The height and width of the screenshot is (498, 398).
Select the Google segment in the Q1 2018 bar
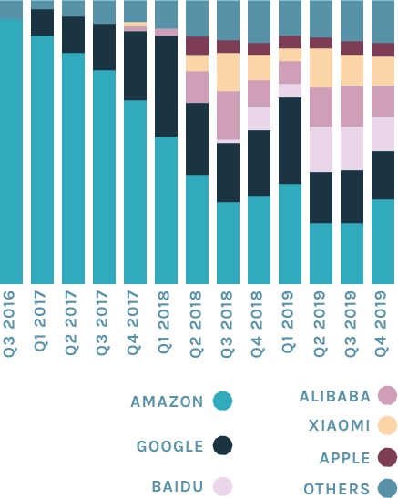pyautogui.click(x=166, y=86)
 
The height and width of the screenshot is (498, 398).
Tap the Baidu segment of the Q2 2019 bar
pyautogui.click(x=321, y=149)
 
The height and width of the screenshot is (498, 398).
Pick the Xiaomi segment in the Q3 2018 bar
pyautogui.click(x=228, y=72)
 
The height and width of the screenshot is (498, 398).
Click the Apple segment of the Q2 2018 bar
pyautogui.click(x=197, y=46)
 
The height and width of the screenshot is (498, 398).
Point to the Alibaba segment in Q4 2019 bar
pyautogui.click(x=383, y=101)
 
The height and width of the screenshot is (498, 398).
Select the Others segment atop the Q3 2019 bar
pyautogui.click(x=352, y=20)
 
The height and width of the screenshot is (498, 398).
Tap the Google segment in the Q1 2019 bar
pyautogui.click(x=290, y=140)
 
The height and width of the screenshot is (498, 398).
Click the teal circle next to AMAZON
pyautogui.click(x=222, y=401)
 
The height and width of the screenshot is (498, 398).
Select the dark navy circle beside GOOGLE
pyautogui.click(x=222, y=445)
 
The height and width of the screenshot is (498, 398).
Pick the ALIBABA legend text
pyautogui.click(x=334, y=396)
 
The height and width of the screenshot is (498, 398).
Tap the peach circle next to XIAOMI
pyautogui.click(x=387, y=425)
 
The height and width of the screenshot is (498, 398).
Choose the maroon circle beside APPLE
pyautogui.click(x=387, y=457)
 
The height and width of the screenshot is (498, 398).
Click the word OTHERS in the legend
pyautogui.click(x=335, y=489)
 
